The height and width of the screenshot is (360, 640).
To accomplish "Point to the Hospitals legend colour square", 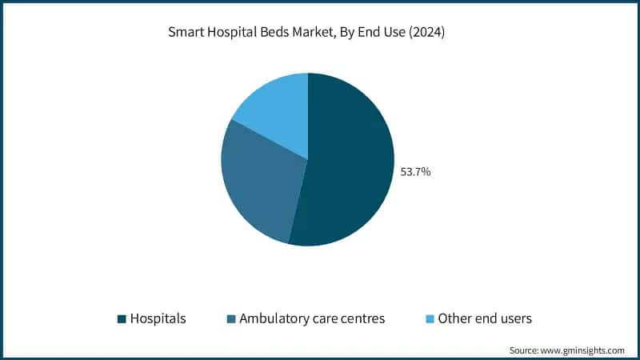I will point(122,319).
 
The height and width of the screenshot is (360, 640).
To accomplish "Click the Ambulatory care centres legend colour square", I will point(231,319).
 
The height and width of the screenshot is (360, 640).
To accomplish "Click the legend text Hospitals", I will point(158,318).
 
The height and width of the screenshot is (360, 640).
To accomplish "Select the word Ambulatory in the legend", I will point(277,318).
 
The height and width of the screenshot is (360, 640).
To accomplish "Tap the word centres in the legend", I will point(361,318).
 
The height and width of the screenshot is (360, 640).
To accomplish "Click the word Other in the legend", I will point(458,318).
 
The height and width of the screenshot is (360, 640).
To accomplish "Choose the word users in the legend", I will point(515,318).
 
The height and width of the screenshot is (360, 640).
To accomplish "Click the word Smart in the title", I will point(186,33).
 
